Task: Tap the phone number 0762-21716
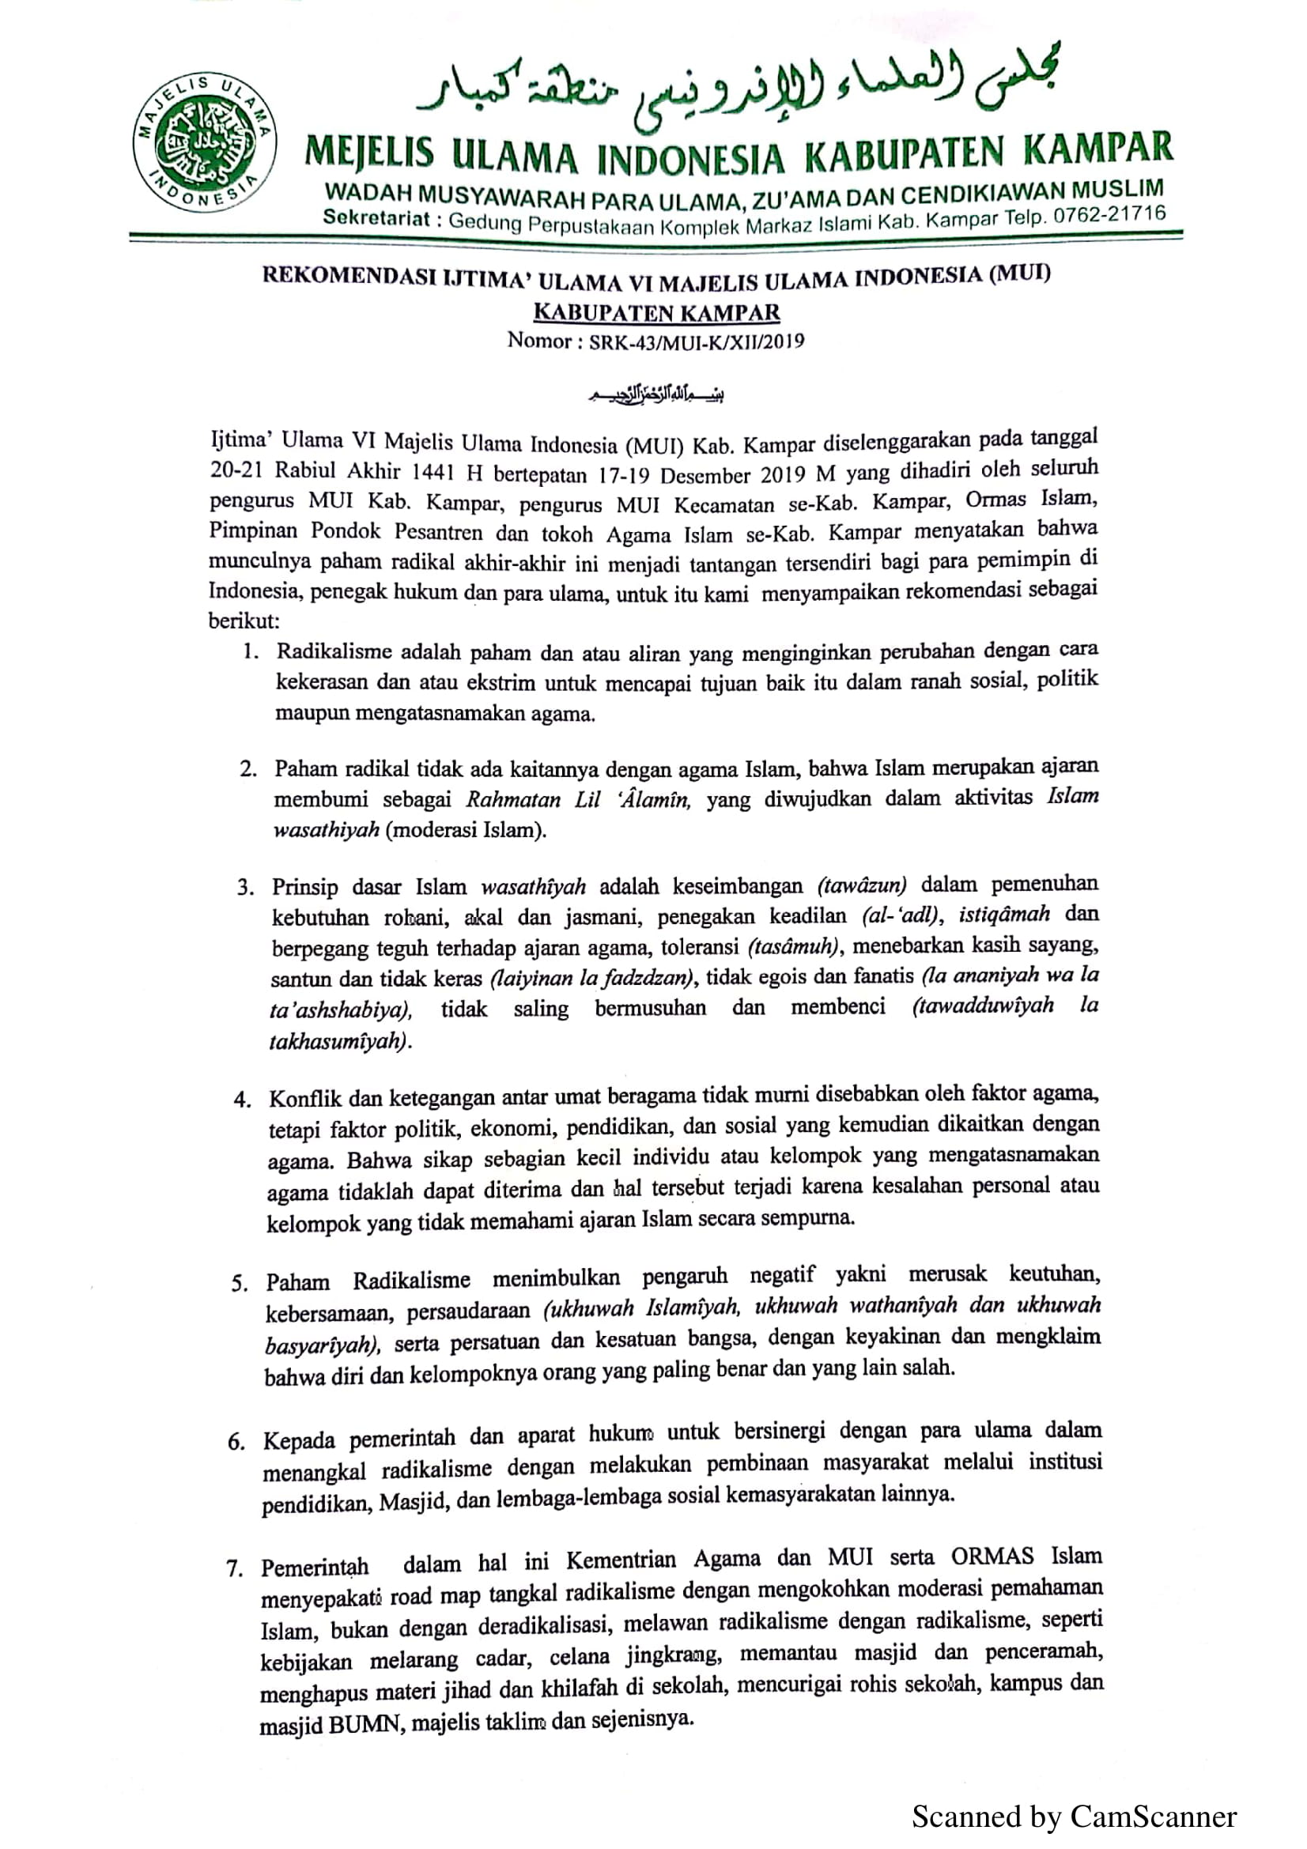click(1109, 215)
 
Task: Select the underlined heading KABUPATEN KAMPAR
click(656, 311)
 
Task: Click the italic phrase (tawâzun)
click(862, 886)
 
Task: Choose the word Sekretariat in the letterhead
click(376, 217)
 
